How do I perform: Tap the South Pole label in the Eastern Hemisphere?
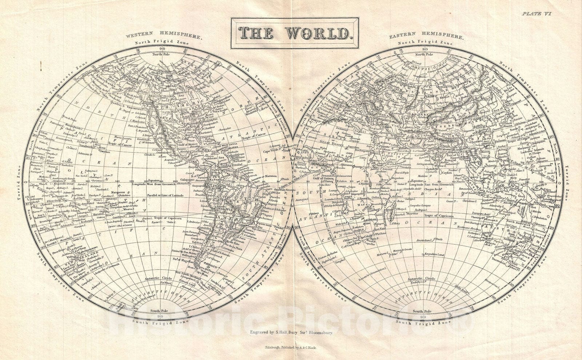coord(423,312)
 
